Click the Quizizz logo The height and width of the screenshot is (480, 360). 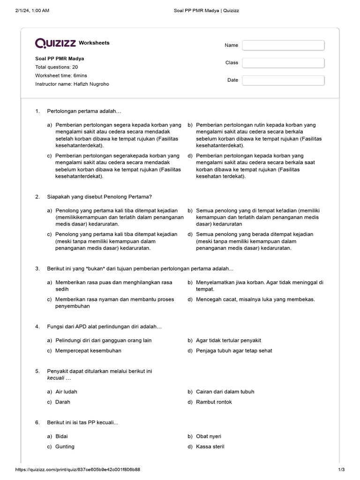click(55, 43)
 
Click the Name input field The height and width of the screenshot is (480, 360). click(283, 45)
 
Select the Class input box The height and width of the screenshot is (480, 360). click(283, 63)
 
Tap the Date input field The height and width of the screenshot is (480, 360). click(283, 80)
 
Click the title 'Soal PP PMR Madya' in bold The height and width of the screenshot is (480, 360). click(60, 59)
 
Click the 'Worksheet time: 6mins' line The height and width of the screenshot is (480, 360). click(61, 75)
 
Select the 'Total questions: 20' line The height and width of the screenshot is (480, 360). click(56, 67)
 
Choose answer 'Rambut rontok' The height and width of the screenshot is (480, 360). click(214, 402)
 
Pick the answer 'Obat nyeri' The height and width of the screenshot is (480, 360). click(209, 436)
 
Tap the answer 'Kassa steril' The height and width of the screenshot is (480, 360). click(210, 446)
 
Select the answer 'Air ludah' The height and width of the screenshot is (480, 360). click(66, 391)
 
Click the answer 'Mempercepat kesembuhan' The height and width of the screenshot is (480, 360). click(88, 351)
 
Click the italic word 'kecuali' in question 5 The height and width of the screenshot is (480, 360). click(56, 378)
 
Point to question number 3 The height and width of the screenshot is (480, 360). click(37, 269)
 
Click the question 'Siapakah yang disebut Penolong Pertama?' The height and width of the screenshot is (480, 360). click(99, 197)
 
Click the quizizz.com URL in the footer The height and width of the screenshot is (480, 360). click(78, 470)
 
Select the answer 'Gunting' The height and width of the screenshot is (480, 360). click(65, 446)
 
